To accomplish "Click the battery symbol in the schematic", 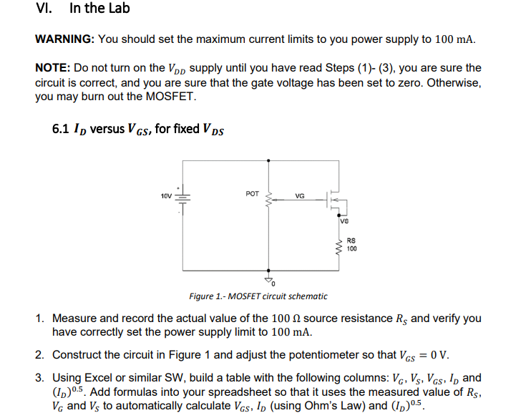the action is coord(182,196).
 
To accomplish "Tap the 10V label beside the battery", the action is coord(166,195).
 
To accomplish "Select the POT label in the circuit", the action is coord(252,193).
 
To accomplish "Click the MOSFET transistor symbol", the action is coord(334,198).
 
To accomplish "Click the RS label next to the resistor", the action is coord(351,241).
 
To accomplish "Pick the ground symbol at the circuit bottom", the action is coord(270,279).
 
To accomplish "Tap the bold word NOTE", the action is coord(52,68).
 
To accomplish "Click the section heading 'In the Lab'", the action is coord(99,9).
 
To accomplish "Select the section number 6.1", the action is coord(61,130).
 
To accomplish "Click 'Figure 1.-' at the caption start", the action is coord(208,296).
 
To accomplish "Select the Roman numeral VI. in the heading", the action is coord(44,9).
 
